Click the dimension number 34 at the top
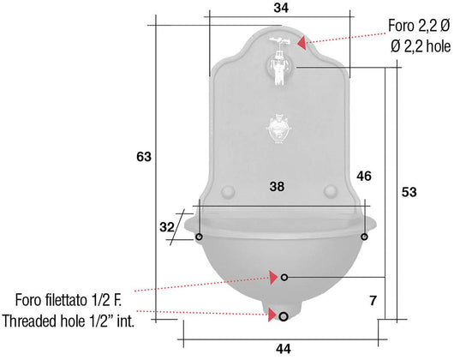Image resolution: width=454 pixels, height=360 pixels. (x=281, y=8)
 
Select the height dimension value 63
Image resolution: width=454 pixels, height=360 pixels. (x=144, y=157)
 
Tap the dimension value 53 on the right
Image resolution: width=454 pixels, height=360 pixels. (x=409, y=192)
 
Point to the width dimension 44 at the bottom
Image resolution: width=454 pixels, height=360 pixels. (x=284, y=349)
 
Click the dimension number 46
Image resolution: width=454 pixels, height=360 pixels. (x=364, y=176)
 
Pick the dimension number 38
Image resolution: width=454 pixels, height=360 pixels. (x=277, y=187)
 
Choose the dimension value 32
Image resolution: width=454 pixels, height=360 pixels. (x=167, y=227)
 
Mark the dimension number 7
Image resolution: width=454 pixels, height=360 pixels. (x=373, y=301)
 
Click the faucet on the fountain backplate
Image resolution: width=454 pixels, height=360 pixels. (x=279, y=61)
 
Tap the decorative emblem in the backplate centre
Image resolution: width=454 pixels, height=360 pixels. (x=278, y=129)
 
